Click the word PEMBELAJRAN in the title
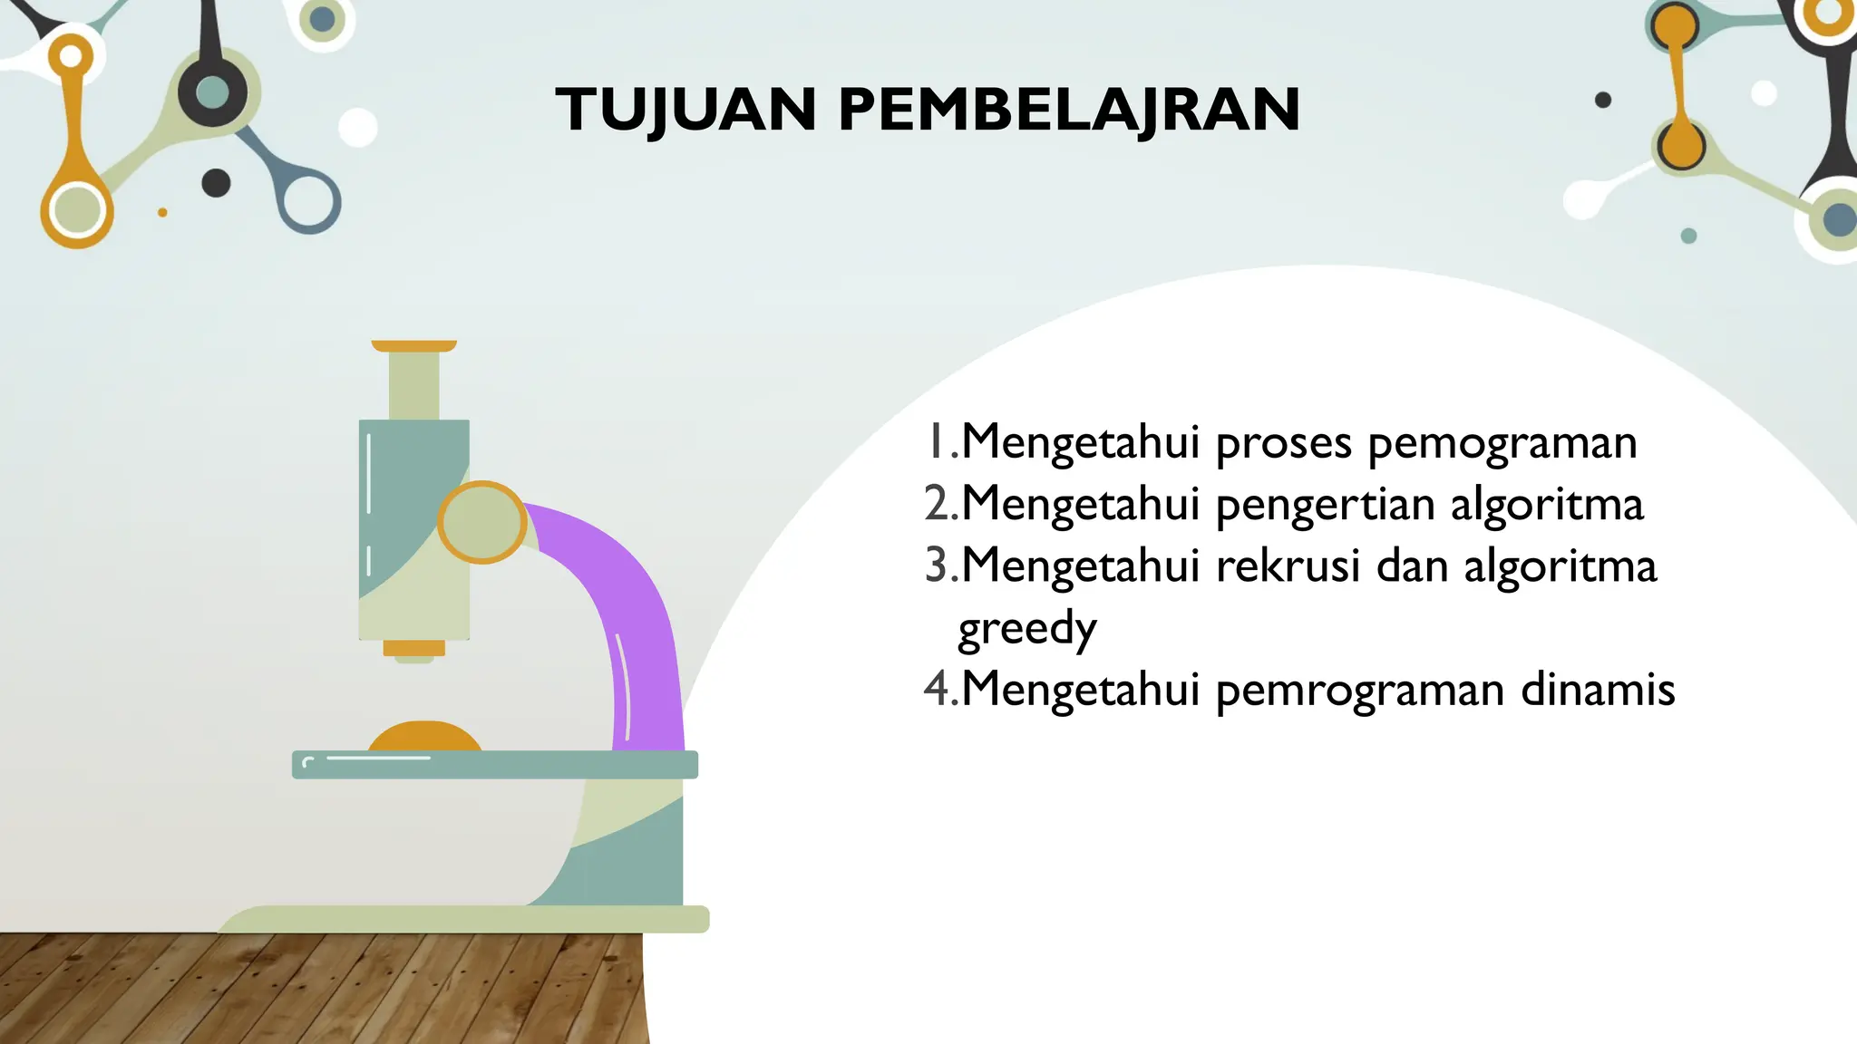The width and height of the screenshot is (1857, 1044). [1069, 110]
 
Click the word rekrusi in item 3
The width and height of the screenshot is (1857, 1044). [1288, 565]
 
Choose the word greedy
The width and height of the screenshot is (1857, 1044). [1027, 629]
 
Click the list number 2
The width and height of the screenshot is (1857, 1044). [937, 504]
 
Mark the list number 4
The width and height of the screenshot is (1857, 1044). [937, 689]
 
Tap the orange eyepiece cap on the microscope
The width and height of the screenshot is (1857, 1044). [413, 346]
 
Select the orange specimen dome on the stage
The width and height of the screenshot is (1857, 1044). [424, 737]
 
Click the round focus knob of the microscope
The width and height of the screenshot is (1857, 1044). [482, 522]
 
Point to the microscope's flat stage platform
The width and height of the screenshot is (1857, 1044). [494, 765]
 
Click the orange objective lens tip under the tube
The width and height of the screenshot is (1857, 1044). [413, 648]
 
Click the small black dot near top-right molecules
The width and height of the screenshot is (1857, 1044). [1603, 100]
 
